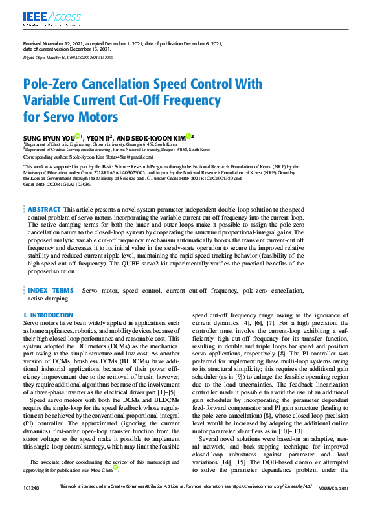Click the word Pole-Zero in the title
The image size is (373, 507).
coord(54,84)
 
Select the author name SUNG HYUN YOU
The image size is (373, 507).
coord(48,137)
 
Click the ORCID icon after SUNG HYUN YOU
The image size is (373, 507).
coord(77,136)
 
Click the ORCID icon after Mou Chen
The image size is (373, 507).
coord(115,467)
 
